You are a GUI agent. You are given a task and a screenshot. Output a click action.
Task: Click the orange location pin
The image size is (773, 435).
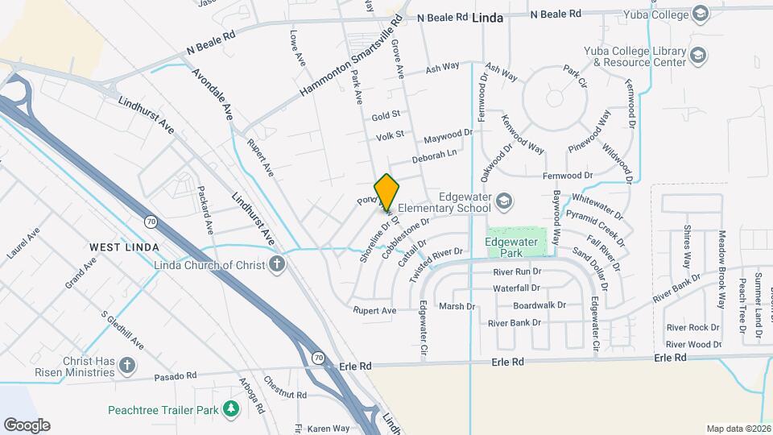tap(386, 192)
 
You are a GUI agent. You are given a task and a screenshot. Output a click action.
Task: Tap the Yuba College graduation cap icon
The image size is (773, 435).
tap(700, 14)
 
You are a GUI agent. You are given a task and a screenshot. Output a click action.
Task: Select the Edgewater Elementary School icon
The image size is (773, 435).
tap(504, 200)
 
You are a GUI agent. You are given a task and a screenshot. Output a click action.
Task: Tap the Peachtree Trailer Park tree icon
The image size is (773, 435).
tap(232, 409)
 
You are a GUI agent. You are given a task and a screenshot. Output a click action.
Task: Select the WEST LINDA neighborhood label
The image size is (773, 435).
tap(123, 246)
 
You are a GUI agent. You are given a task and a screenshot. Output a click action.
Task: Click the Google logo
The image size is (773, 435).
tap(27, 425)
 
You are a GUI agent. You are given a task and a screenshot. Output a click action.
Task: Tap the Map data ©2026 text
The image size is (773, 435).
tap(738, 429)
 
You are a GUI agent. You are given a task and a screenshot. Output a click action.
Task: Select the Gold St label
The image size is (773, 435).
tap(386, 117)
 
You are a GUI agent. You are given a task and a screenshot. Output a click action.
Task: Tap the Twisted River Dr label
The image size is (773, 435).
tap(436, 264)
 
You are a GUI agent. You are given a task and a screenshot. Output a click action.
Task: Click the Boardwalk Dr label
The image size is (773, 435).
tap(539, 306)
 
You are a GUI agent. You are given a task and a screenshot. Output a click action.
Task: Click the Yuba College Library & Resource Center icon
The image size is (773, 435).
tap(698, 55)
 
